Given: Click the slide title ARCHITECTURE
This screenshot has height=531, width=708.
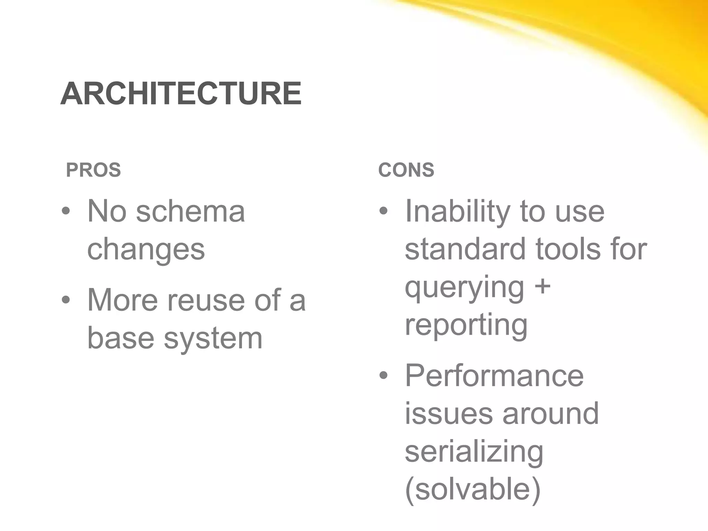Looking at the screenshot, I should pos(181,94).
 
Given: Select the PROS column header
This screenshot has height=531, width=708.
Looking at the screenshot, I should pos(93,170).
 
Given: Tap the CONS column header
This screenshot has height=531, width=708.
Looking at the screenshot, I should pos(406,170).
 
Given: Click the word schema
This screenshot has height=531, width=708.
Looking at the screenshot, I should pos(190,211).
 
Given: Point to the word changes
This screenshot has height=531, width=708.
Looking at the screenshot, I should pos(146,250).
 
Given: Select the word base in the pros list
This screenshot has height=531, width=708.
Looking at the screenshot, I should pos(121,338).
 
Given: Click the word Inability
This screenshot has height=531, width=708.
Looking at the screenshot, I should pos(457,211).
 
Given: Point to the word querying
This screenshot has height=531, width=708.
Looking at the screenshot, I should pos(464,288).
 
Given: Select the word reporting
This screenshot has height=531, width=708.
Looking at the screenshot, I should pos(466,326).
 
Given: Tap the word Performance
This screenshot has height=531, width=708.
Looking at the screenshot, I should pos(494,376).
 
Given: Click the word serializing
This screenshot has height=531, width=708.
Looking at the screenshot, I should pos(474,452).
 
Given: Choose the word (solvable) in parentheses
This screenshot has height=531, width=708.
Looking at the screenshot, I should pos(473,490).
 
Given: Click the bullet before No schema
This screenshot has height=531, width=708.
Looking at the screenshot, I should pos(66,211).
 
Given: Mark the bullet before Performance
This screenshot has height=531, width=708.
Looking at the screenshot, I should pos(383,376).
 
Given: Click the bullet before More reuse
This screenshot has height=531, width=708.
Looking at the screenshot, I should pos(66,300).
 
